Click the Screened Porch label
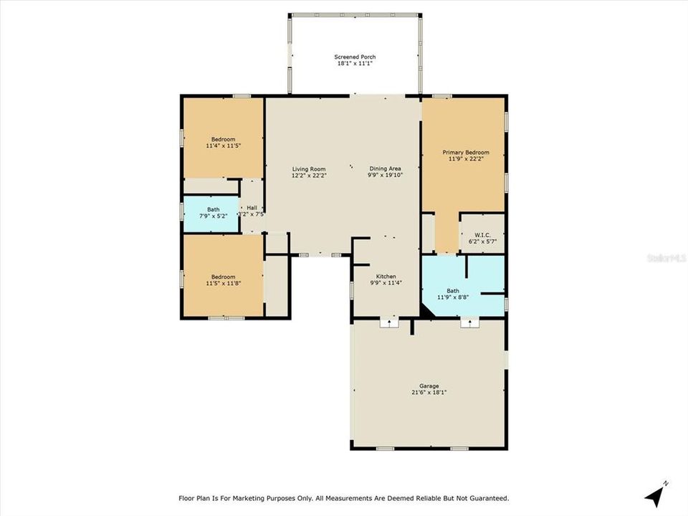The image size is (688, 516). (x=355, y=57)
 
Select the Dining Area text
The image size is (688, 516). (x=385, y=169)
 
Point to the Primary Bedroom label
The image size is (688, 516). (x=465, y=153)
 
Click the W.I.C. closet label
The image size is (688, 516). (x=482, y=235)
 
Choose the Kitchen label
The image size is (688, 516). (x=386, y=277)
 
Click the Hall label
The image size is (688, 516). (x=252, y=208)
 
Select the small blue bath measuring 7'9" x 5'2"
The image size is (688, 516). (x=213, y=213)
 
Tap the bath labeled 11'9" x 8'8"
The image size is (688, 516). (x=453, y=294)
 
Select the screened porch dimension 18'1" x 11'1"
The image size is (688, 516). (x=355, y=64)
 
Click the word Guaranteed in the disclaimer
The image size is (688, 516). (x=487, y=498)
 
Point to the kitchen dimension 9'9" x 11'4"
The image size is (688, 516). (x=386, y=283)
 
